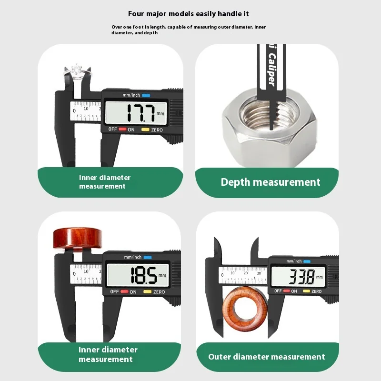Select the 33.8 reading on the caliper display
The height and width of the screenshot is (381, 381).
coord(301,275)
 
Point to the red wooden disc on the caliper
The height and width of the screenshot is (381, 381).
coord(77,238)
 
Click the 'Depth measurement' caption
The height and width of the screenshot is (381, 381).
coord(271,182)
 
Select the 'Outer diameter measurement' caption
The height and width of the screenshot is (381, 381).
coord(267,357)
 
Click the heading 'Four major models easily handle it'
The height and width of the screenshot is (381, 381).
coord(189,14)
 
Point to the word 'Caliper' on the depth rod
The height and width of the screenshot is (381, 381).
coord(271,70)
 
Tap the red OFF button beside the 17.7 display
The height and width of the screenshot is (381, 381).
coord(122,130)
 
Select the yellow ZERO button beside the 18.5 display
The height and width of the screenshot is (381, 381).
coord(148,291)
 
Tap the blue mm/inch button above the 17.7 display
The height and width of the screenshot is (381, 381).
coord(146,95)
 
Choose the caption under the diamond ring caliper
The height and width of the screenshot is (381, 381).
coord(105,182)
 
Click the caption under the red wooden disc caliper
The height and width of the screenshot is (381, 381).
coord(108,354)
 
